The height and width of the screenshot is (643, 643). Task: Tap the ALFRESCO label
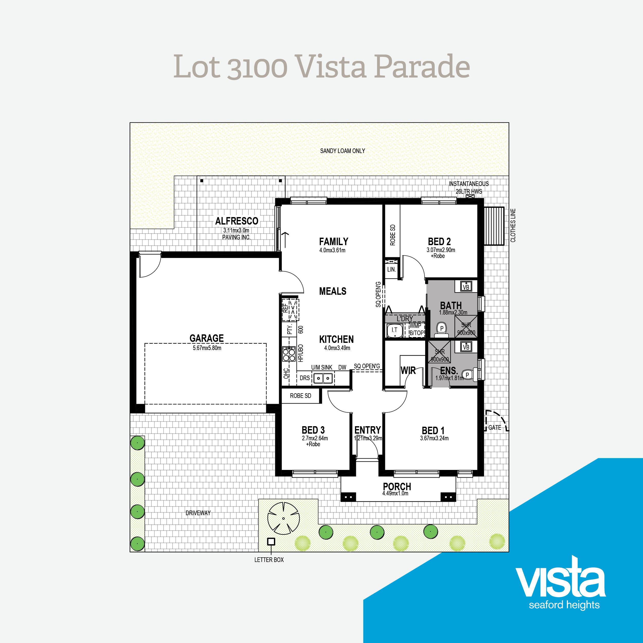pos(237,221)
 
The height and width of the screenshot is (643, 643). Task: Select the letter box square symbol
pos(271,541)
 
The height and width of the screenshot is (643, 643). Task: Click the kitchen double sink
pos(323,378)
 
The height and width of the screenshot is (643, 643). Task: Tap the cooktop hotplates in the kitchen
pos(289,354)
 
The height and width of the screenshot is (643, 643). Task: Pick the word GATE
pos(495,428)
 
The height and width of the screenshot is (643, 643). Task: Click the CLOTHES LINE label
pos(513,225)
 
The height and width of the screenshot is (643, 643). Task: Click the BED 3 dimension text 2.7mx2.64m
pos(315,438)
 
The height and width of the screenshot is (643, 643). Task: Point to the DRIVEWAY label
pos(198,513)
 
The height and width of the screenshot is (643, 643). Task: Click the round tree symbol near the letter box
pos(283,519)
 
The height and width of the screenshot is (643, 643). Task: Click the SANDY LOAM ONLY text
pos(343,151)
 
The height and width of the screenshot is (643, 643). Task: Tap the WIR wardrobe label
pos(408,370)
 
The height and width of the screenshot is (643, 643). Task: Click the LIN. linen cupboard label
pos(391,269)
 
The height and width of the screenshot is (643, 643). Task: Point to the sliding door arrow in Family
pos(285,240)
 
